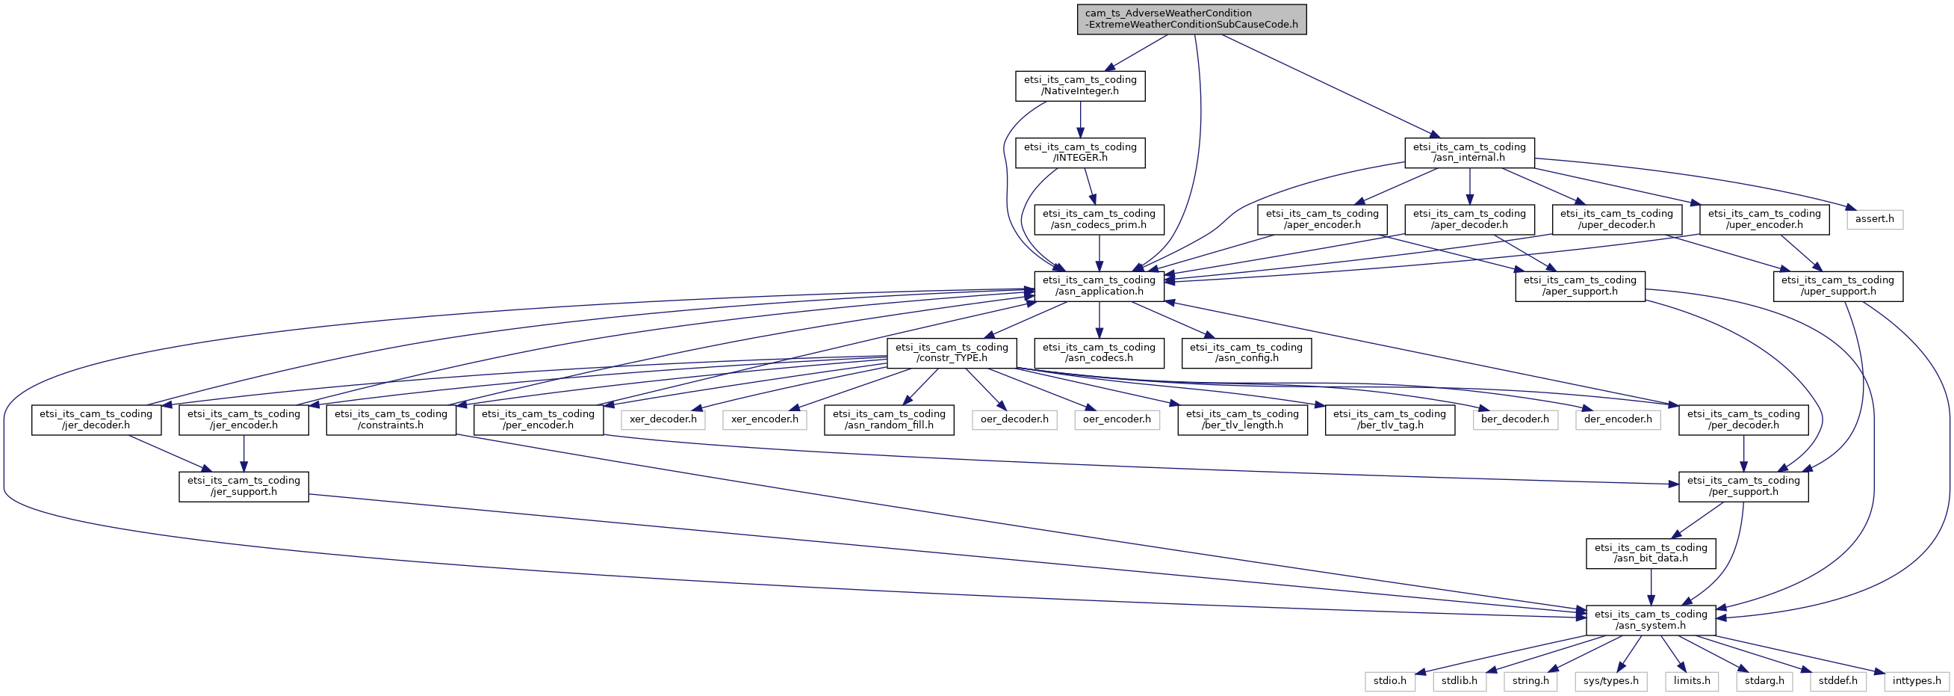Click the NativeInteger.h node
click(x=1080, y=86)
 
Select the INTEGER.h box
click(x=1080, y=153)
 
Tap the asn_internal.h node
click(x=1469, y=153)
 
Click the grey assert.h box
click(x=1874, y=219)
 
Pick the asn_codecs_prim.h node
click(x=1099, y=219)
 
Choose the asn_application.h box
click(x=1099, y=286)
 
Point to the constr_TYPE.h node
click(x=952, y=353)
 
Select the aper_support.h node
click(x=1580, y=286)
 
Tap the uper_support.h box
click(x=1838, y=286)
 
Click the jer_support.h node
click(x=244, y=487)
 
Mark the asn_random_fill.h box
click(x=889, y=419)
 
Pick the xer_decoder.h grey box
click(x=663, y=419)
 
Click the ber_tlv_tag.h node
click(x=1389, y=419)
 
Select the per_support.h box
click(x=1743, y=487)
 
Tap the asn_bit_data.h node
click(x=1651, y=553)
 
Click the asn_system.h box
click(x=1651, y=620)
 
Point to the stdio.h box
click(x=1389, y=681)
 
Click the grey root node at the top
click(x=1191, y=19)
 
